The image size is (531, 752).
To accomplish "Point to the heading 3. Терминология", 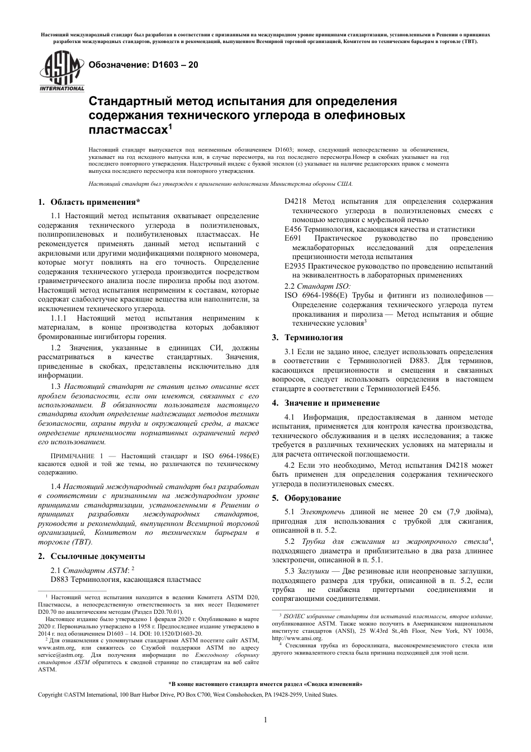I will point(307,337).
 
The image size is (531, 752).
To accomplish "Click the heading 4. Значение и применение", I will point(325,403).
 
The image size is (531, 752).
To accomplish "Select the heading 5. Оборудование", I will point(306,498).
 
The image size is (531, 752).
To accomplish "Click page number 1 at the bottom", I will point(265,720).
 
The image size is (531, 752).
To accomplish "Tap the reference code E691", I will point(293,238).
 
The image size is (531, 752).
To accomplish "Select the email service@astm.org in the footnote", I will point(60,654).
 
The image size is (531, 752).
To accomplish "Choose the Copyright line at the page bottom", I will point(187,694).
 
